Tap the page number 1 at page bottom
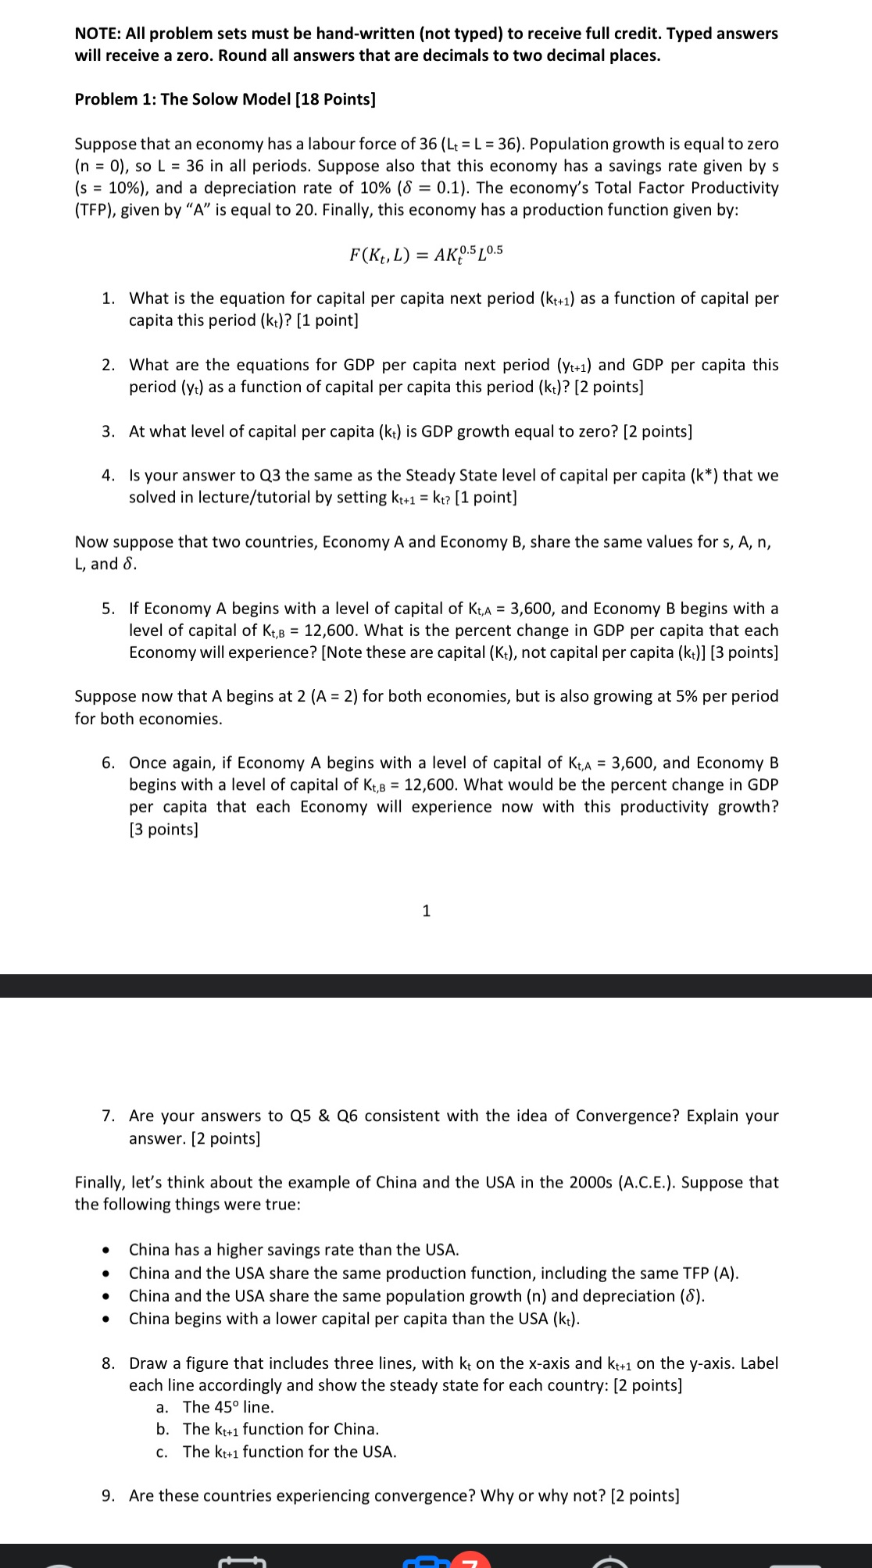(x=426, y=910)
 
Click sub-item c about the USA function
(x=289, y=1452)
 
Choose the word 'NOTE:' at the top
(x=98, y=34)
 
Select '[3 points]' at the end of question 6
(x=163, y=829)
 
